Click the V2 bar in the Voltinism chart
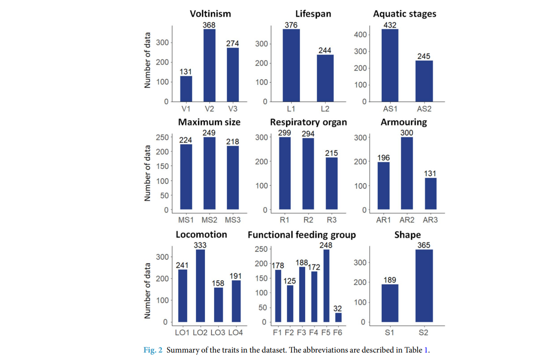pyautogui.click(x=210, y=65)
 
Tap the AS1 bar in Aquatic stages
pyautogui.click(x=390, y=65)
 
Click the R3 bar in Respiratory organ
pyautogui.click(x=331, y=184)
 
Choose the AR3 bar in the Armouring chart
pyautogui.click(x=430, y=194)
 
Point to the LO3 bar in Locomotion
pyautogui.click(x=218, y=305)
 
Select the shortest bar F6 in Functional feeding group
pyautogui.click(x=338, y=317)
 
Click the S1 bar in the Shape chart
pyautogui.click(x=390, y=303)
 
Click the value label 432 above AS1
pyautogui.click(x=390, y=25)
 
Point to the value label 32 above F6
pyautogui.click(x=338, y=308)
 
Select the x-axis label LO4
pyautogui.click(x=236, y=333)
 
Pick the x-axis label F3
pyautogui.click(x=302, y=333)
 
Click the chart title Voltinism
pyautogui.click(x=210, y=14)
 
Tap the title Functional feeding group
pyautogui.click(x=301, y=235)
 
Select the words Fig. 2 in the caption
pyautogui.click(x=152, y=350)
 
